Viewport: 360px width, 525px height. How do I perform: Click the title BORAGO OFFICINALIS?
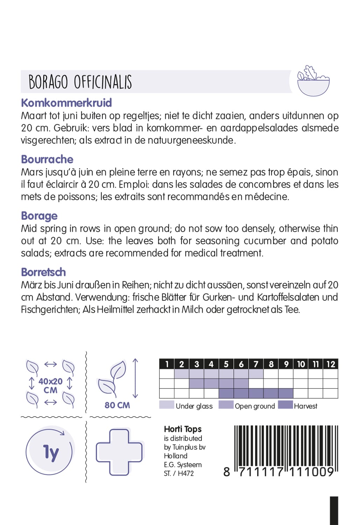[80, 82]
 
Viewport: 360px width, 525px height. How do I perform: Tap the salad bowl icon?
[313, 81]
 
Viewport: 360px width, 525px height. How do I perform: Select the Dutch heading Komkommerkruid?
[66, 103]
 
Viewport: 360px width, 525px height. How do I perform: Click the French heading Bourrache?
[47, 159]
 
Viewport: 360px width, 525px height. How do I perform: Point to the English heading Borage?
[39, 216]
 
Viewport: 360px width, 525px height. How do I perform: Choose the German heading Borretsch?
[43, 272]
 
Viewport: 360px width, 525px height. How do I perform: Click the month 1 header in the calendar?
[167, 364]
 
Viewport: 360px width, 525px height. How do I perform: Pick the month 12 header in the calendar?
[331, 364]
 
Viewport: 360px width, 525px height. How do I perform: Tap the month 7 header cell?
[256, 364]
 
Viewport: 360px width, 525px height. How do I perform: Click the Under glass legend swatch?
[167, 405]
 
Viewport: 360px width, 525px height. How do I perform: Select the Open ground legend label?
[255, 406]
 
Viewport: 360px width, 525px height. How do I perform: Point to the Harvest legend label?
[305, 406]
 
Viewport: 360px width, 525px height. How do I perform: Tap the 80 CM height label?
[117, 405]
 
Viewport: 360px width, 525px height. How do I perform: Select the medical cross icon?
[119, 452]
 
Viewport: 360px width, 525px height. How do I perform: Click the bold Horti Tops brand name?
[183, 429]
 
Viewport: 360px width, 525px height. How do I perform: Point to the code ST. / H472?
[179, 474]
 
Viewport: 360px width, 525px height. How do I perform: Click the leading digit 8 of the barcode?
[227, 472]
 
